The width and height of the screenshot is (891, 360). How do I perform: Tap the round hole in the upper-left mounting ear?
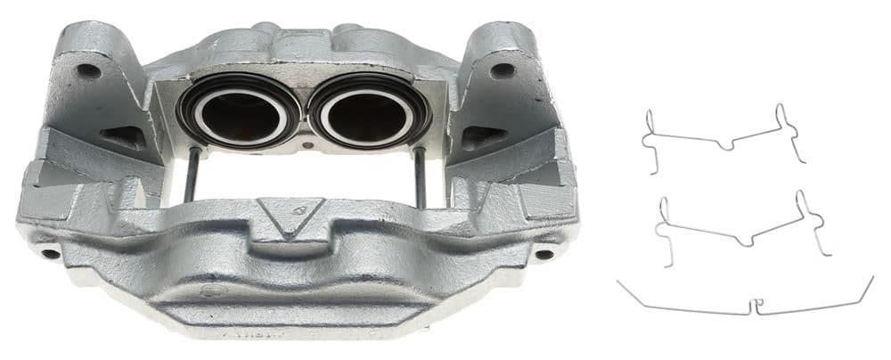click(x=88, y=70)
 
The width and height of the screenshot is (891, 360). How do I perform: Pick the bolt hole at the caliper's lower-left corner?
click(x=51, y=253)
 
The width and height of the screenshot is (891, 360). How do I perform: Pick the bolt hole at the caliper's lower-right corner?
click(x=543, y=253)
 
